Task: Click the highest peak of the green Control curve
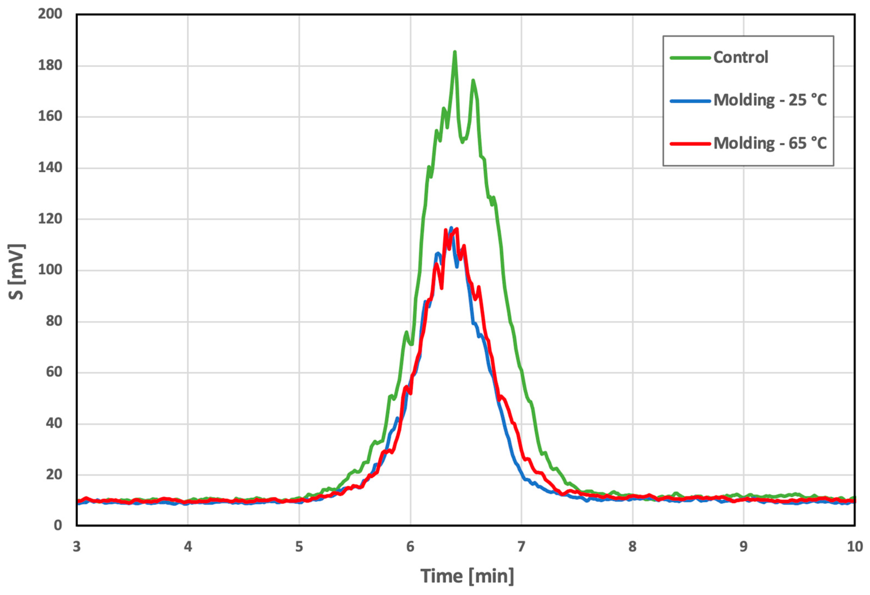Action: (x=454, y=52)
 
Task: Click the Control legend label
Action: (x=740, y=57)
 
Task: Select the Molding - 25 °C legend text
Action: (x=770, y=100)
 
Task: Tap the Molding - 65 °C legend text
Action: (x=770, y=143)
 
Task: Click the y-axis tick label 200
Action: (x=50, y=14)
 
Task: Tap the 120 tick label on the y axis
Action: (x=50, y=219)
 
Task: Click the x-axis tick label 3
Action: (x=77, y=547)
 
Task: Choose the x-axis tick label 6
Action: (x=410, y=547)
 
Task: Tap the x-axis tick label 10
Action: (x=855, y=547)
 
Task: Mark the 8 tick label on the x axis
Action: (x=632, y=547)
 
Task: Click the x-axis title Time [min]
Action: (x=467, y=576)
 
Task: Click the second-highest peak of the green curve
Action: (x=473, y=80)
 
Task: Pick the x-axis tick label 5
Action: (x=299, y=547)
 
